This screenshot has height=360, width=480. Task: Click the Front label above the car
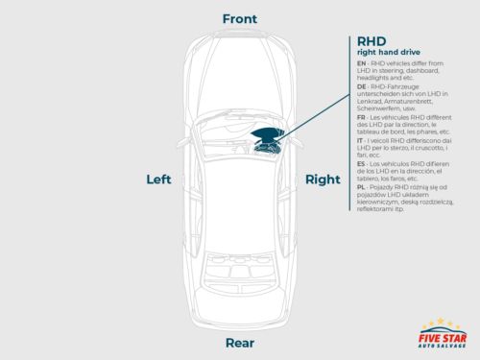(239, 19)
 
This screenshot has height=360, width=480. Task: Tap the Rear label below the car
(239, 343)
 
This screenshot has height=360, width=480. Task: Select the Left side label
(158, 180)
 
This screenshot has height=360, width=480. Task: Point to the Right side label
(322, 180)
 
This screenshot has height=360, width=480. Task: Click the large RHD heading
(372, 41)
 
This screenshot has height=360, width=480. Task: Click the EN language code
(361, 62)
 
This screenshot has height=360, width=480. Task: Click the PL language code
(361, 188)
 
